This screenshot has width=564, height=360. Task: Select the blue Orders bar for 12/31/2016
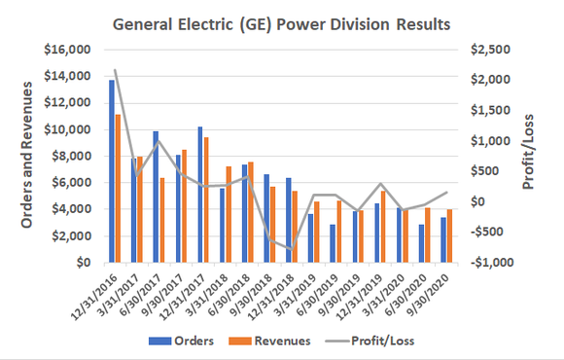pyautogui.click(x=111, y=171)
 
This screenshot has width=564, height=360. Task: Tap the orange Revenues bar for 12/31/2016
pyautogui.click(x=118, y=189)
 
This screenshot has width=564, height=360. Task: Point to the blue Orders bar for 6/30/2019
pyautogui.click(x=333, y=243)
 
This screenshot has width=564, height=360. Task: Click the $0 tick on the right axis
pyautogui.click(x=476, y=201)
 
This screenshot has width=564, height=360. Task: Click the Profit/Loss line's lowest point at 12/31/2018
pyautogui.click(x=290, y=250)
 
